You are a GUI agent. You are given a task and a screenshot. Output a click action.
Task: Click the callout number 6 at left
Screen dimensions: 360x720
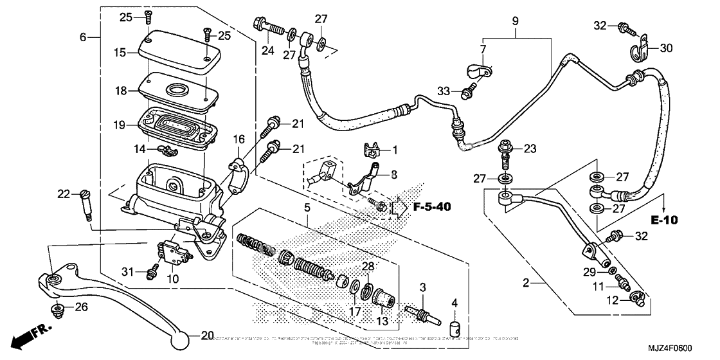[83, 37]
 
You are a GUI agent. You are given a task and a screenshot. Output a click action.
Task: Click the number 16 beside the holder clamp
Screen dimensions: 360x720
[239, 139]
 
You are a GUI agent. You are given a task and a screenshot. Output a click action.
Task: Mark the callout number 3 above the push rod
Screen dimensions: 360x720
[422, 287]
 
